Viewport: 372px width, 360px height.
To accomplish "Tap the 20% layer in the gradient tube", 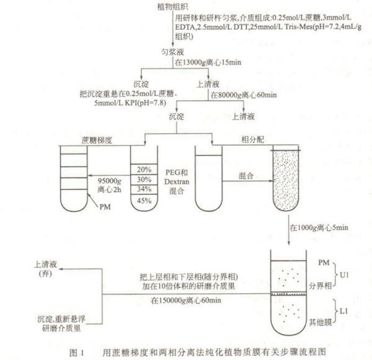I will pyautogui.click(x=144, y=169).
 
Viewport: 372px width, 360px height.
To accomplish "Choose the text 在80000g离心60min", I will pyautogui.click(x=245, y=95).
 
